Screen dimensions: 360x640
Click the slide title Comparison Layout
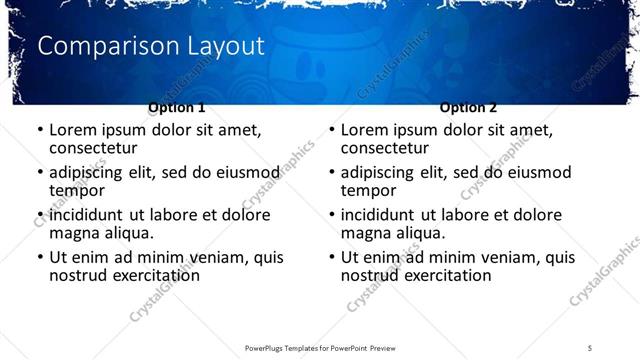(150, 46)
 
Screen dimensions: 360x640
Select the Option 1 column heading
(177, 107)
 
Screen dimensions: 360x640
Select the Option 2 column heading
(469, 107)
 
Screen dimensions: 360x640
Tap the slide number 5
(590, 346)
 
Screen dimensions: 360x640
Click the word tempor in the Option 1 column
(77, 190)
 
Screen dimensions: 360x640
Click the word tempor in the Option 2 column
(369, 190)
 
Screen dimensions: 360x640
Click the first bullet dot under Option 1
(40, 131)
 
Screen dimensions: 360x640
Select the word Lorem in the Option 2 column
(364, 130)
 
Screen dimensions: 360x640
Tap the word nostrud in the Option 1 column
(78, 275)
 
